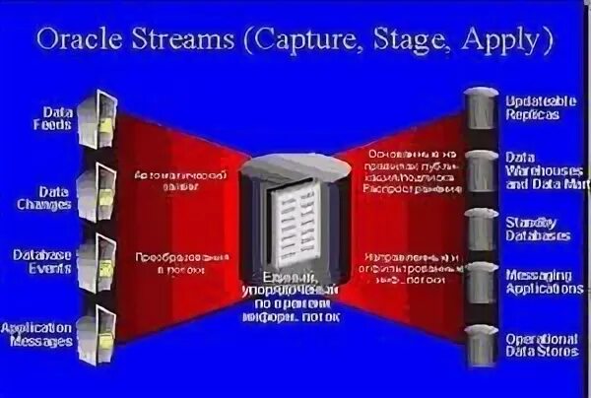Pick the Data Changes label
(50, 197)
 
